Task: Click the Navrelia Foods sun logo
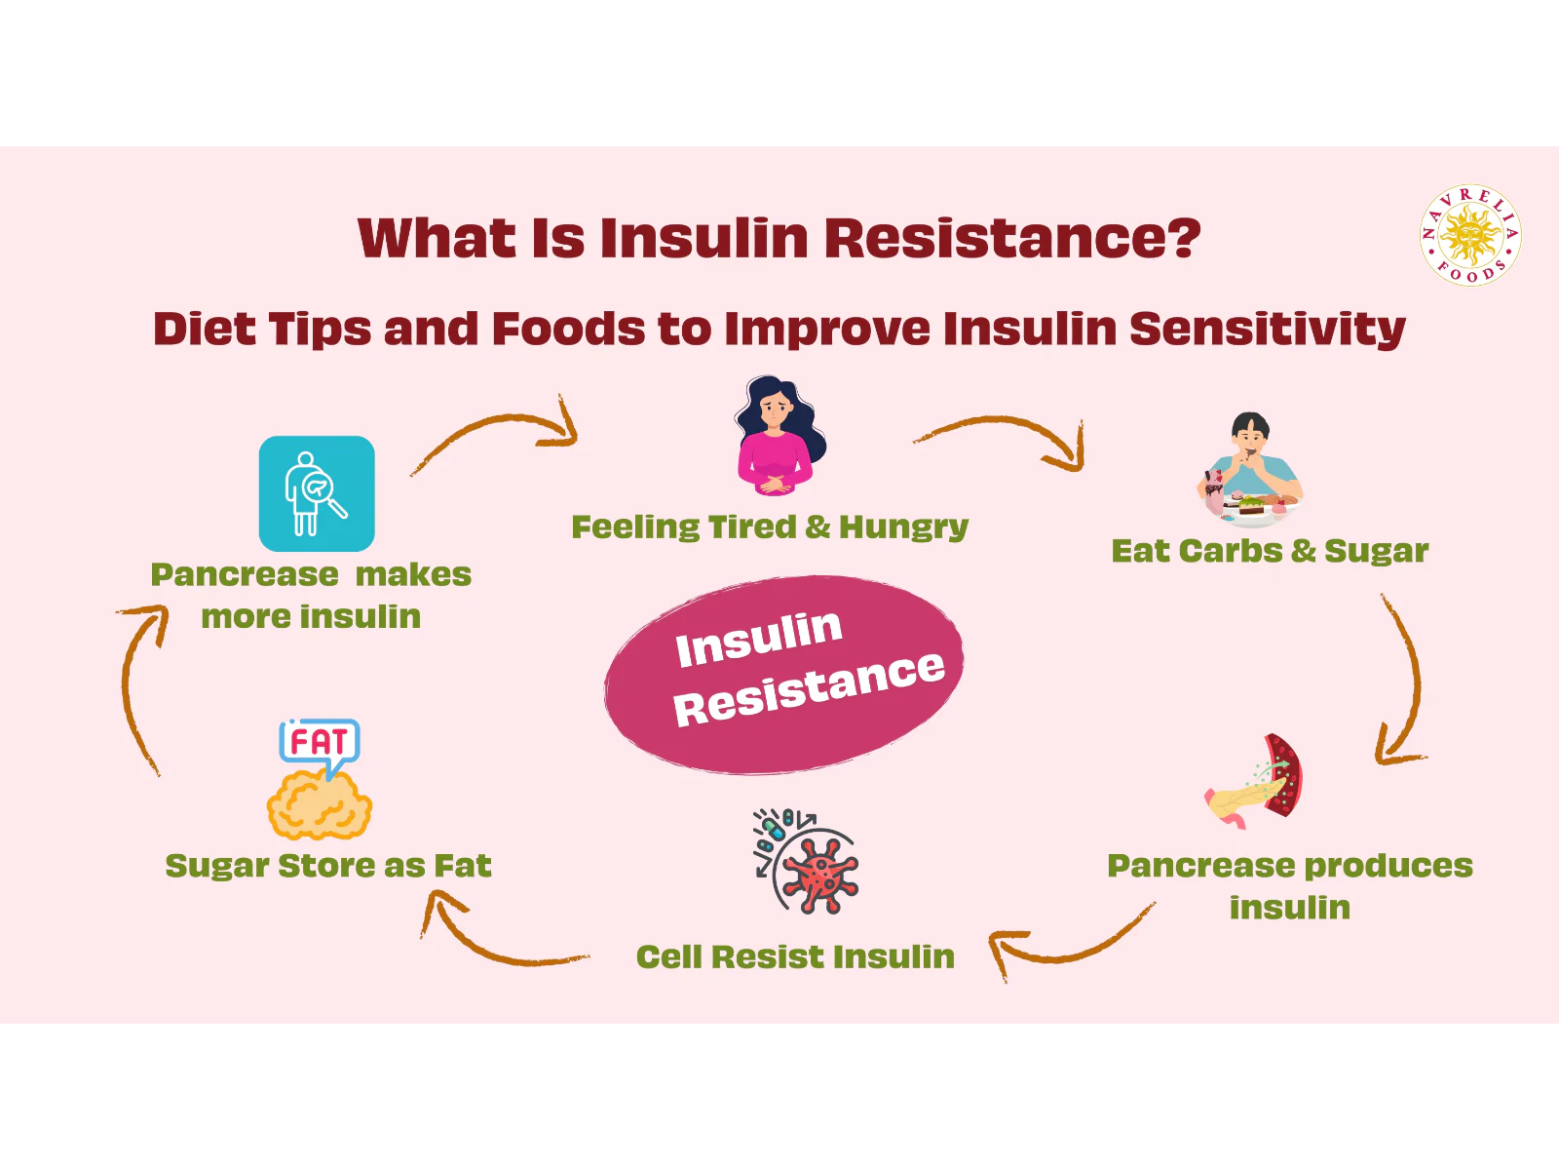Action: (1470, 235)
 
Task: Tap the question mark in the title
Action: (1182, 238)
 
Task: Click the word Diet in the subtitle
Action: (204, 329)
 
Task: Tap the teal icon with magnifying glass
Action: (317, 493)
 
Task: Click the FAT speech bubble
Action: (319, 743)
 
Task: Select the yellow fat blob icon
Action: (320, 805)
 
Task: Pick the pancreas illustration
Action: (1255, 783)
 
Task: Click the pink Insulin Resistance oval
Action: (784, 675)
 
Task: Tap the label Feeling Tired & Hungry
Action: (770, 526)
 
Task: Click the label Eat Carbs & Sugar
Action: (1270, 551)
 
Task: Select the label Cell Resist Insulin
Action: (795, 956)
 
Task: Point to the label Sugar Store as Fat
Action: (328, 866)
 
